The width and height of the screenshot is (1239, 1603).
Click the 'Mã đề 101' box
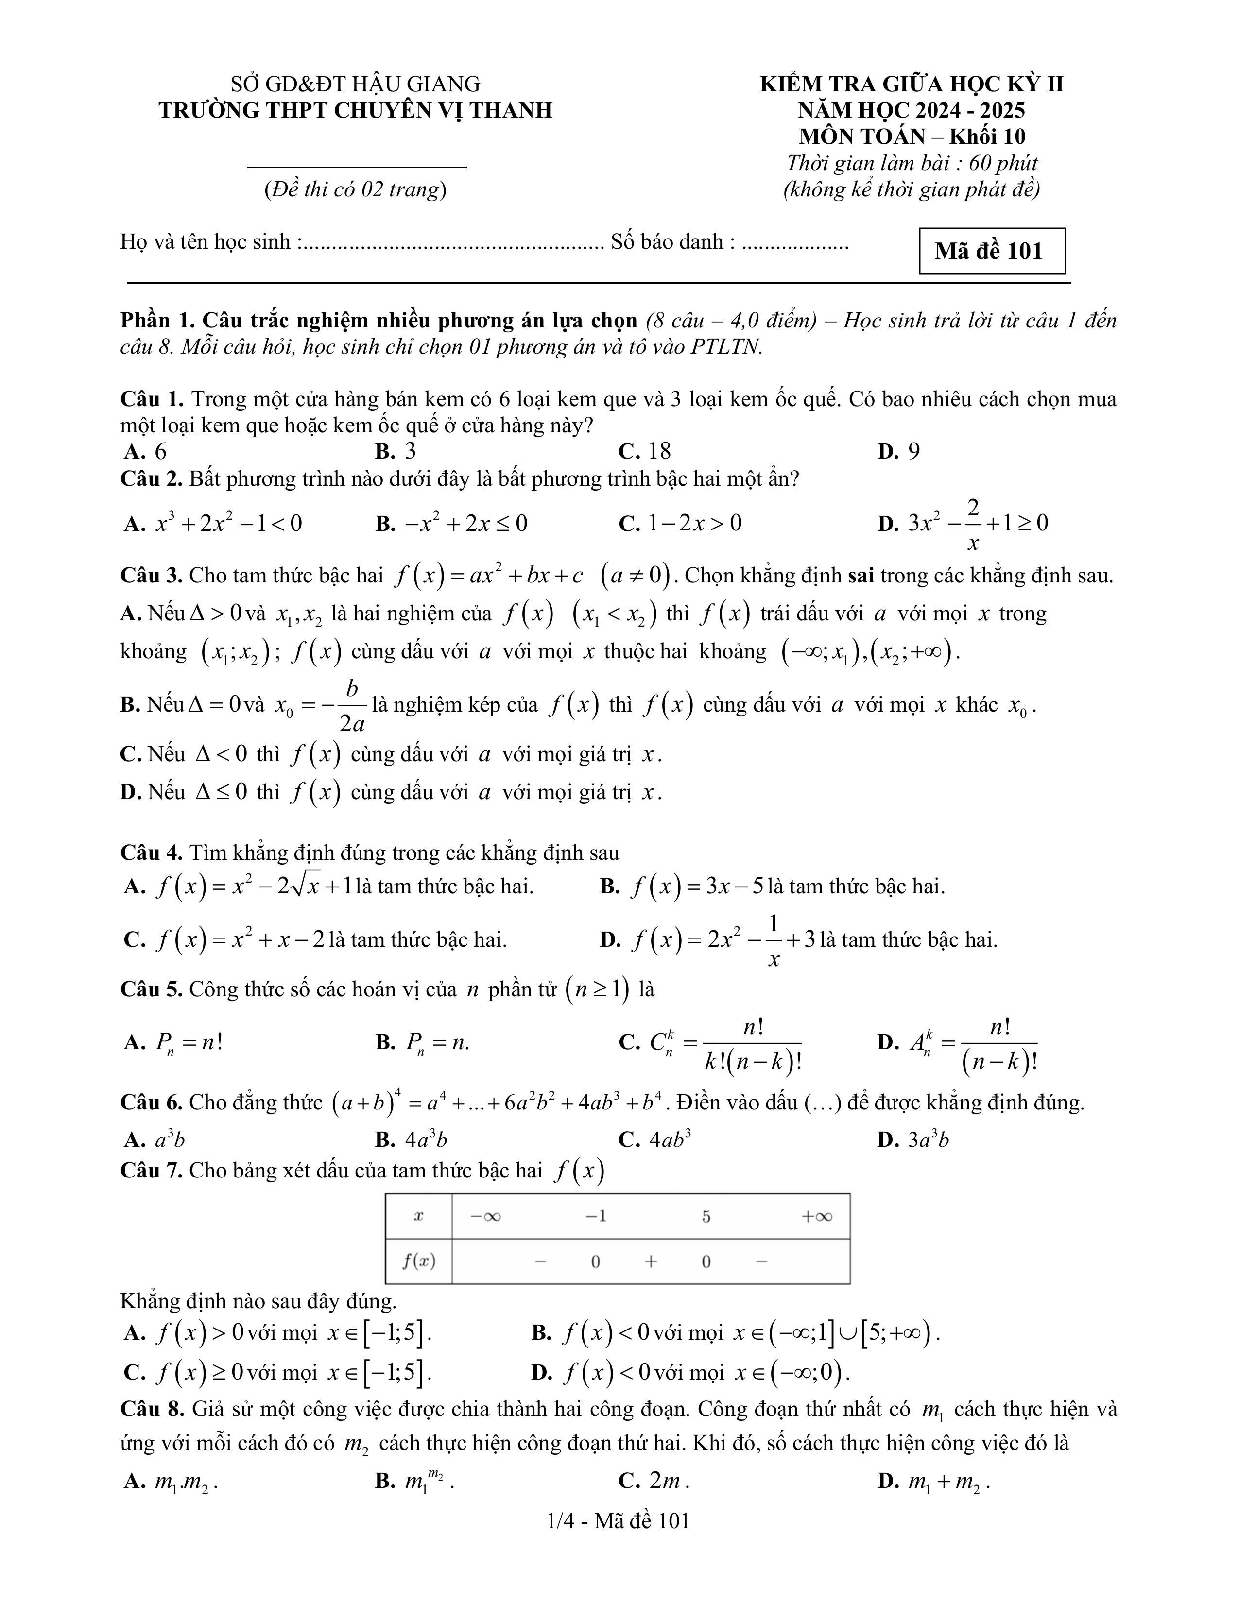pos(991,251)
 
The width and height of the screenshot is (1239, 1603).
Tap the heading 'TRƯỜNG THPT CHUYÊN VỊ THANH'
pos(355,110)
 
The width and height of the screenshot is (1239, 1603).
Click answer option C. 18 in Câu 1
pos(644,451)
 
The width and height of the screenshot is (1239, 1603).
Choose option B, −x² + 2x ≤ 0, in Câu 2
pos(451,523)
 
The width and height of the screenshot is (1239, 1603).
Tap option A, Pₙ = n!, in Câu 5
pos(174,1042)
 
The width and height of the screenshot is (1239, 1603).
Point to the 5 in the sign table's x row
pos(706,1216)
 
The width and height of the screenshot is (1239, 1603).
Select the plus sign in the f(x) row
pos(650,1261)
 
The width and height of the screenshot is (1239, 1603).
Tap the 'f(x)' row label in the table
pos(418,1261)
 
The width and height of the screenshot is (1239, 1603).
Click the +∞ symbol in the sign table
pos(816,1216)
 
